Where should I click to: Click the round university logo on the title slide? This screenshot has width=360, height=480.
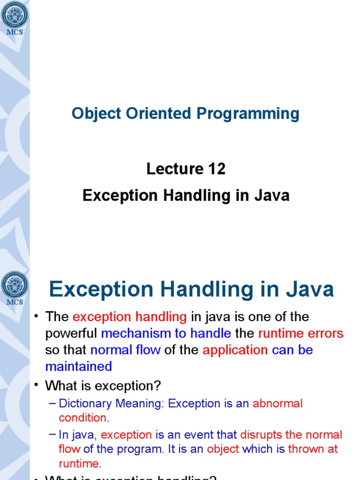point(15,14)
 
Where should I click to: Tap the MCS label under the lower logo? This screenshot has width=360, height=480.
point(15,302)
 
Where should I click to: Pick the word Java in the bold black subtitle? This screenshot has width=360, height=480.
point(272,195)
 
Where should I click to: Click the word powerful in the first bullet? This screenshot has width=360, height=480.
point(71,333)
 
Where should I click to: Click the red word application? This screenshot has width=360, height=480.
point(235,350)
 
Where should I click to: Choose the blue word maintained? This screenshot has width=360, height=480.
point(79,366)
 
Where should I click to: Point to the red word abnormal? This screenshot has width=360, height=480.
point(277,404)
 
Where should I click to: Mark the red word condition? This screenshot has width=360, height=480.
point(82,418)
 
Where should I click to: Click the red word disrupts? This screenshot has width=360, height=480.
point(261,435)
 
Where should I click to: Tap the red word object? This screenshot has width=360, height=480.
point(223,449)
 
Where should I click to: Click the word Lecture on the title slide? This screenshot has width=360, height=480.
point(170,169)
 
